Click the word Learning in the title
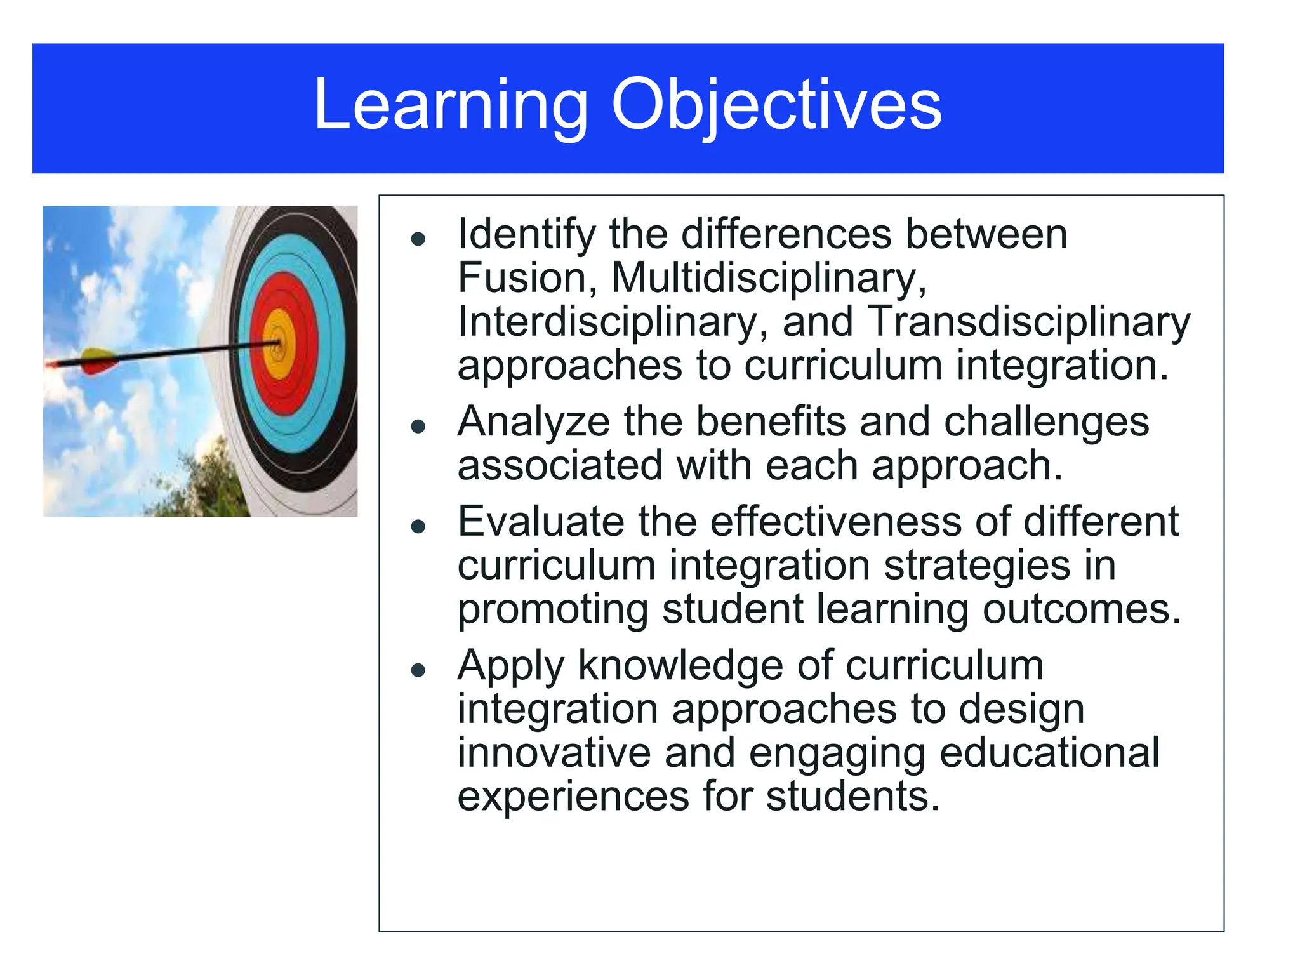tap(451, 105)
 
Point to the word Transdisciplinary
tap(1028, 322)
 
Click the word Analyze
tap(533, 422)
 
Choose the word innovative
tap(554, 753)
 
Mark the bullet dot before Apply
tap(418, 670)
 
